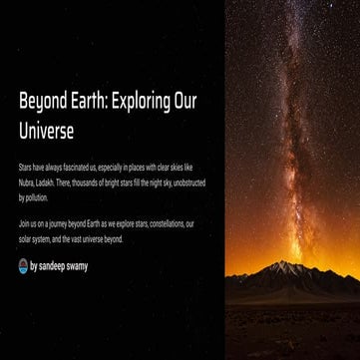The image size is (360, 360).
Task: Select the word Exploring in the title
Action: [x=141, y=102]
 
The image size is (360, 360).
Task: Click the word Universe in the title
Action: [x=46, y=131]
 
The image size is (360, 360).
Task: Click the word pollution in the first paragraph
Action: [x=35, y=197]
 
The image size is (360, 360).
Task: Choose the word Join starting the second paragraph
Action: [x=24, y=223]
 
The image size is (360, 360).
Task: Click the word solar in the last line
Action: [x=26, y=239]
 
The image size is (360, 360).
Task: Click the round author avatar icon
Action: [x=23, y=266]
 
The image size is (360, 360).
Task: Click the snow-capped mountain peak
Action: [x=288, y=264]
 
